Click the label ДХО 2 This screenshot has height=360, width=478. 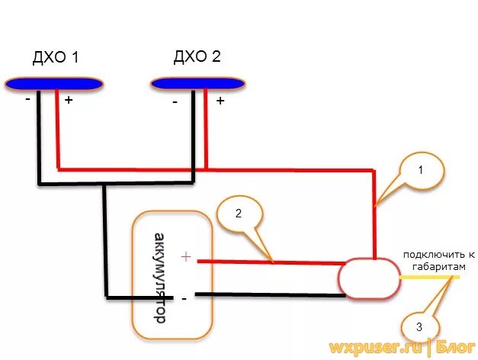point(197,57)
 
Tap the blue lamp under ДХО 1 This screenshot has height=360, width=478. point(53,82)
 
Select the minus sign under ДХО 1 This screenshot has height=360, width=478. point(28,99)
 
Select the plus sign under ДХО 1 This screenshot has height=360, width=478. point(68,101)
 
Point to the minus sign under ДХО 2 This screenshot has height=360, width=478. point(175,101)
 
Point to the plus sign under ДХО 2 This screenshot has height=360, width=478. point(220,100)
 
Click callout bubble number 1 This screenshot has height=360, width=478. point(420,172)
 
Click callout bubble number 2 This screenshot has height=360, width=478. point(237,215)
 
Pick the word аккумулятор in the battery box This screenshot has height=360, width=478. point(160,278)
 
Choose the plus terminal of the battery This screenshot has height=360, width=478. point(185,257)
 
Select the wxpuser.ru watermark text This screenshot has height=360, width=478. point(376,347)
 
